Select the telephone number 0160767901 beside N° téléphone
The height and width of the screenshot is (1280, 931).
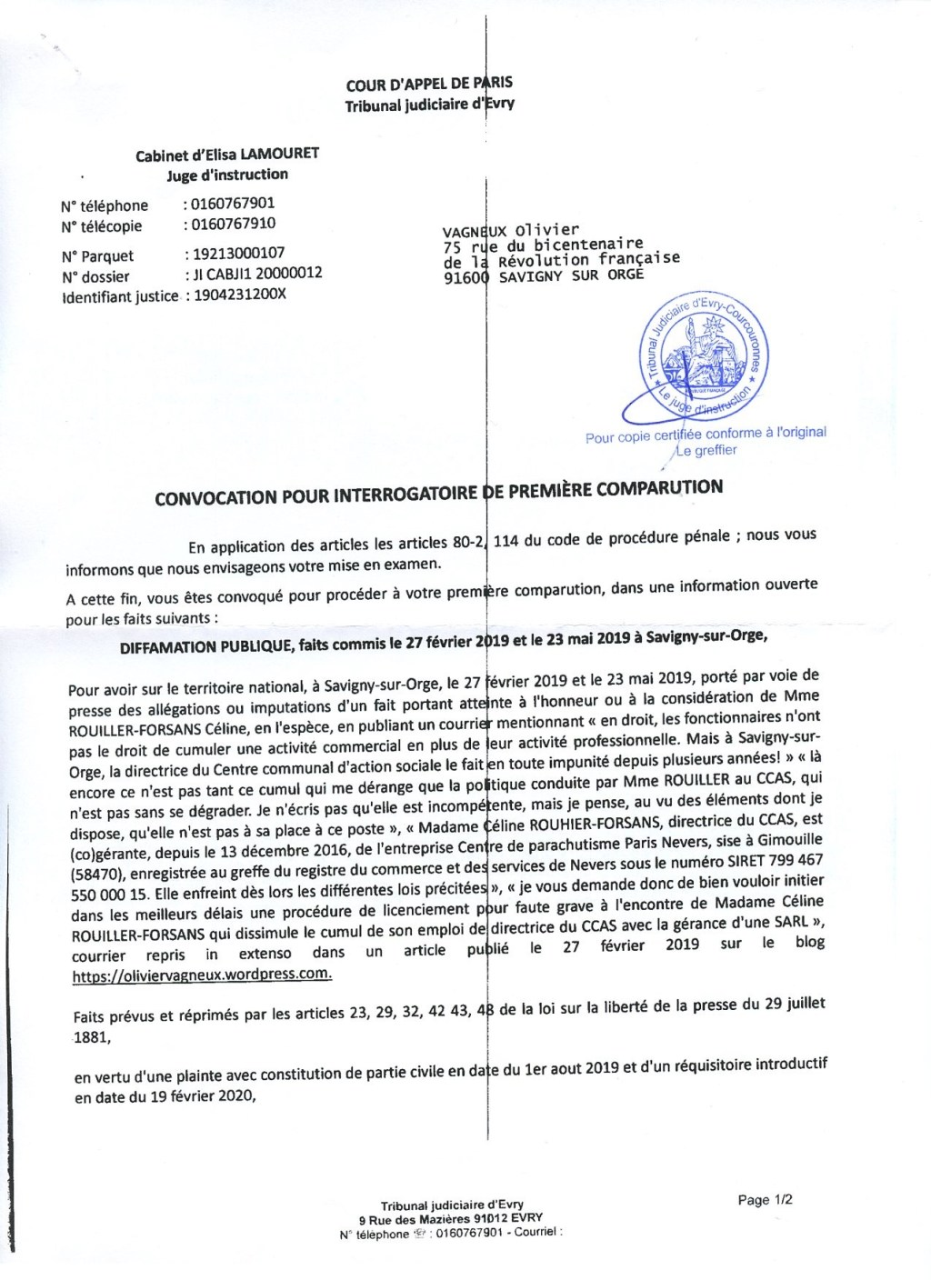tap(232, 203)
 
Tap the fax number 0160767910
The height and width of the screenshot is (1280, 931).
tap(232, 224)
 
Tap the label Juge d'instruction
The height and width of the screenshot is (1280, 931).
tap(227, 175)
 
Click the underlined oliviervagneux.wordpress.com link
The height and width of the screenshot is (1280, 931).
tap(202, 975)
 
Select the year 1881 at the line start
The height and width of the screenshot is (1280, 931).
tap(91, 1036)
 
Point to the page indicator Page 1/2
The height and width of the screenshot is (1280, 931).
tap(765, 1200)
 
